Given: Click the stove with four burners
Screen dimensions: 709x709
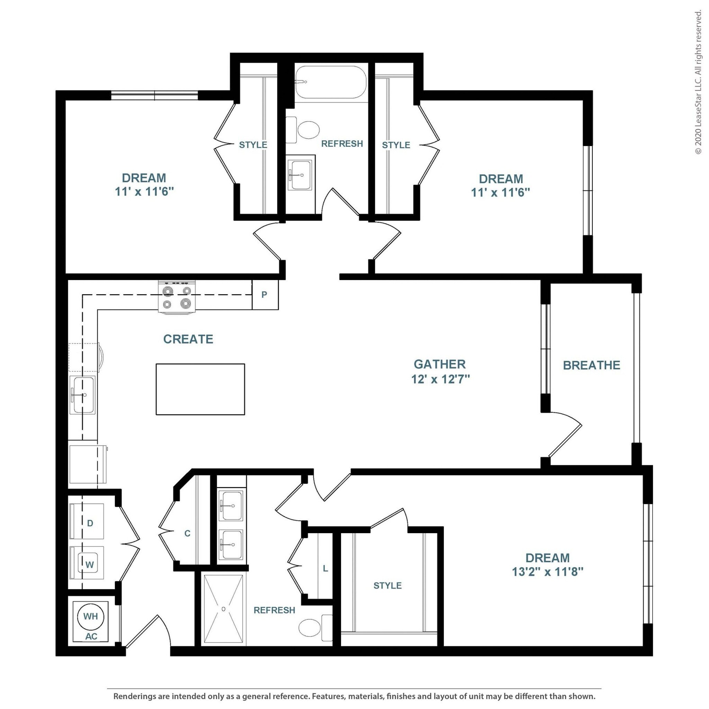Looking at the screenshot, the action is (x=177, y=297).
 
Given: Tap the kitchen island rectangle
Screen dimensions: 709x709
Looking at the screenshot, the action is (x=200, y=389).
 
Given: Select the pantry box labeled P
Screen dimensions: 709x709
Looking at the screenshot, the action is (x=265, y=295).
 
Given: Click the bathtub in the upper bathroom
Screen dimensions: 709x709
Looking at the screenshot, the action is (x=331, y=82).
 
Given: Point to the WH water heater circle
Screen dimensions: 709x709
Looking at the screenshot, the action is (x=91, y=616).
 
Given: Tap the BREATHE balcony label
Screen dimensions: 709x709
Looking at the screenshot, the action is (x=592, y=365).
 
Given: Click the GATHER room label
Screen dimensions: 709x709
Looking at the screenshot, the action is (x=440, y=364).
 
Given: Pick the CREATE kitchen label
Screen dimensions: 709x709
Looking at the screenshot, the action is (x=188, y=339).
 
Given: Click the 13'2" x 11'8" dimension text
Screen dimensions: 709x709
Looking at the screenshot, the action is (x=548, y=572).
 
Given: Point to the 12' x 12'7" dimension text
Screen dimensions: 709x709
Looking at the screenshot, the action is (x=440, y=379).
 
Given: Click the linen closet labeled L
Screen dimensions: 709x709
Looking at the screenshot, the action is (x=325, y=568).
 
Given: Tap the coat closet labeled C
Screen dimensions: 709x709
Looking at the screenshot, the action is (x=187, y=533).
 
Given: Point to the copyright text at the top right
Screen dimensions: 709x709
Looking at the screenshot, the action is (x=698, y=83).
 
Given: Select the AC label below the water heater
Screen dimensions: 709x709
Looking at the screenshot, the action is (x=91, y=636).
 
